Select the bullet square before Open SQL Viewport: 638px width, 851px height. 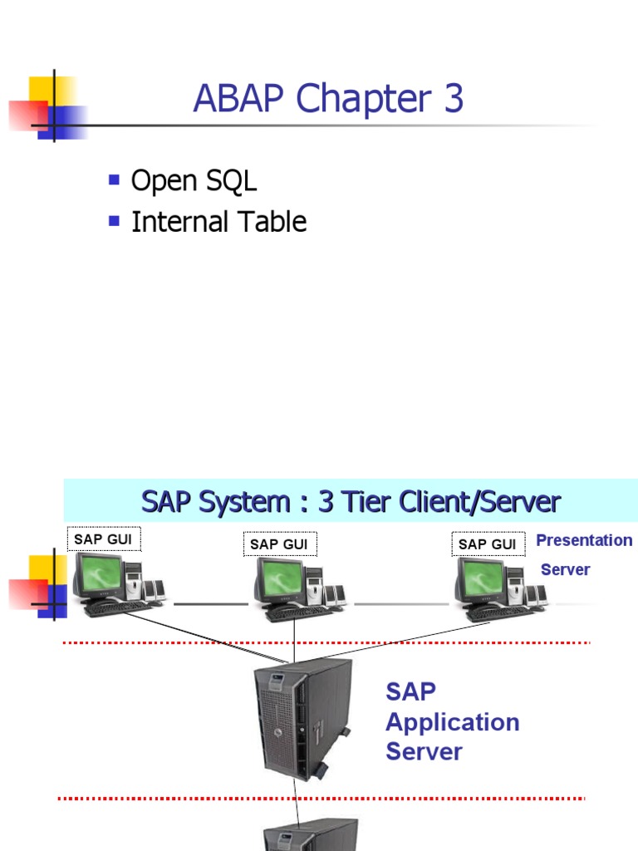115,179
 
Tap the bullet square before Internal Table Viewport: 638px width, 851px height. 115,220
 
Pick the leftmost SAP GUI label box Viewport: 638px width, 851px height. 103,539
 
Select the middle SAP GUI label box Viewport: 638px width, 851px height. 278,544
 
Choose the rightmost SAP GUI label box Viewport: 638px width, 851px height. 487,544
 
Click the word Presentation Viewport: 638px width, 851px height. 584,540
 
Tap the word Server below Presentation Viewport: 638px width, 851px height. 565,569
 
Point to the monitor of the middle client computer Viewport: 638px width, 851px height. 279,579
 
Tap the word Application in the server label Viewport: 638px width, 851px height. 453,722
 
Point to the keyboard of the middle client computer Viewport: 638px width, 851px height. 297,613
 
